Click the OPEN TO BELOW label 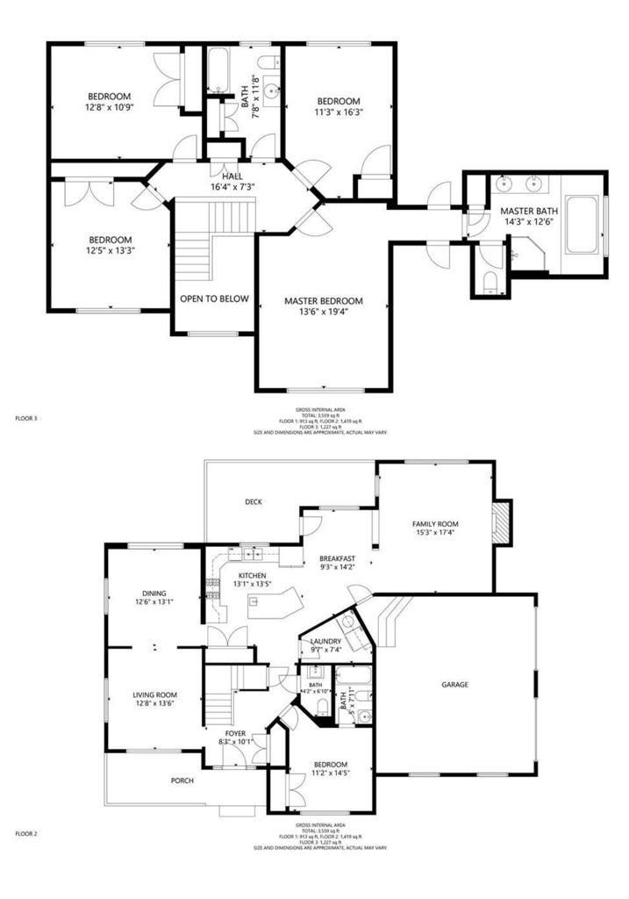[x=214, y=298]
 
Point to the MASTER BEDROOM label [x=323, y=301]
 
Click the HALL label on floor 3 [x=232, y=176]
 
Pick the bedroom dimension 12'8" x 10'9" [x=109, y=107]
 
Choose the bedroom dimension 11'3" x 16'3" [x=339, y=111]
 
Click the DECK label [x=254, y=501]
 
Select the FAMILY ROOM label [x=435, y=524]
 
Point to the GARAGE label [x=454, y=685]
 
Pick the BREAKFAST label [x=337, y=558]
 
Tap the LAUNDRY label [x=325, y=641]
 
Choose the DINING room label [x=154, y=593]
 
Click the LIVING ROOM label [x=154, y=694]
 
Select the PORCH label [x=182, y=780]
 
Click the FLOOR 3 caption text [x=26, y=419]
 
